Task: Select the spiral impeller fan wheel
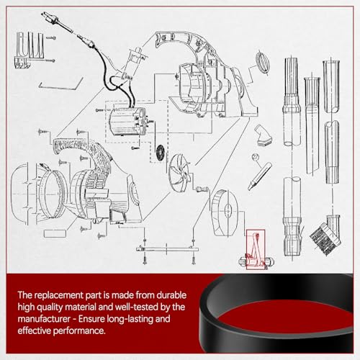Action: coord(179,170)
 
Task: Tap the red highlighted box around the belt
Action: coord(256,250)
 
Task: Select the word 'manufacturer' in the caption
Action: coord(44,319)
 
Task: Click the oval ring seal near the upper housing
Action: coord(263,62)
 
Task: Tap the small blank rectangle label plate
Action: coord(55,233)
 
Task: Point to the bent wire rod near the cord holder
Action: coord(61,84)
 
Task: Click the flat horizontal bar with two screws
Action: coord(167,250)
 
